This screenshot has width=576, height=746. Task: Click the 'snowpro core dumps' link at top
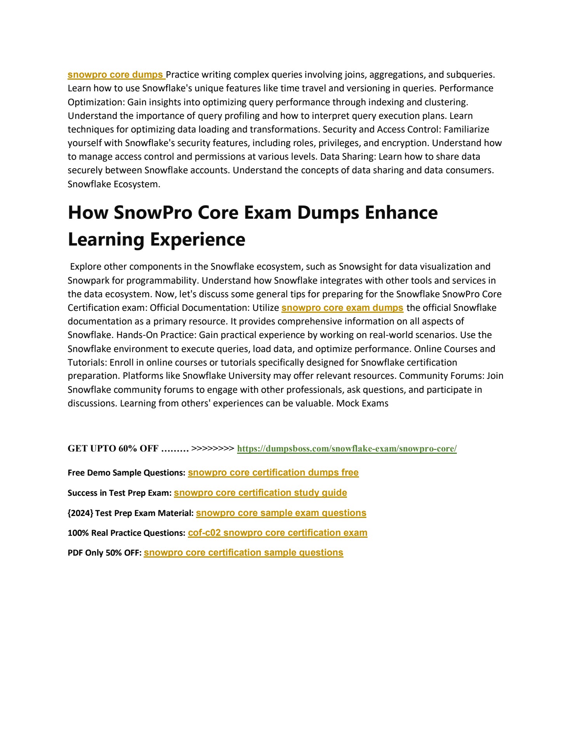point(115,75)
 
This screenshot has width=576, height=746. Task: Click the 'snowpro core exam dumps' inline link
point(342,308)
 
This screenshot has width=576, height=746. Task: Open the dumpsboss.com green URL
point(347,449)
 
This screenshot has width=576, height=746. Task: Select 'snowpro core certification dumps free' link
point(273,473)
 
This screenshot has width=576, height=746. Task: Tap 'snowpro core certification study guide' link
point(260,493)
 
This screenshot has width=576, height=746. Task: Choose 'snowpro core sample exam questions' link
point(281,513)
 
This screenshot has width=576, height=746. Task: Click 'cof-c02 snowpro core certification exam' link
point(277,533)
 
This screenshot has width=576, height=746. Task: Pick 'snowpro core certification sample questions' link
point(243,553)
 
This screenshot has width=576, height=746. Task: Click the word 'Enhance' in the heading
point(401,213)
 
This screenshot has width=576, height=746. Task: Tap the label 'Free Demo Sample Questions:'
point(127,473)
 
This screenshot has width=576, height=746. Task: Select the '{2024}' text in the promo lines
point(80,513)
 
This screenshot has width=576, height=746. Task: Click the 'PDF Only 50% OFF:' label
point(104,553)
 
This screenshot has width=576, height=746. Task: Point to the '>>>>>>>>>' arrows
point(213,448)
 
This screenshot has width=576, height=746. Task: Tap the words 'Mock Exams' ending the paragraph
point(362,403)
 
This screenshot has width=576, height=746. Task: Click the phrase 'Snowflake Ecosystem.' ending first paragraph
point(114,184)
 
